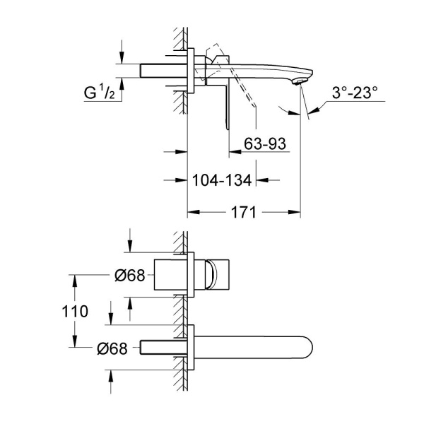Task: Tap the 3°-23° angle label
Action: point(353,92)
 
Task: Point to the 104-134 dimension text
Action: point(222,180)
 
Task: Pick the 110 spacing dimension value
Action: point(75,311)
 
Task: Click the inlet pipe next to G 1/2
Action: point(165,71)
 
